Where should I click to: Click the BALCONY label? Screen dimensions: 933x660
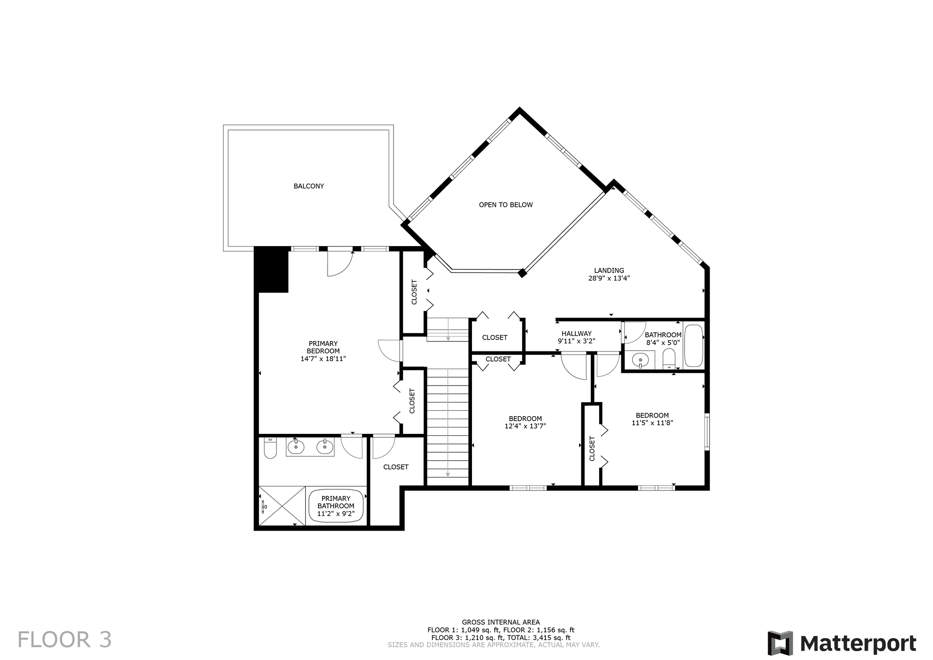pyautogui.click(x=308, y=186)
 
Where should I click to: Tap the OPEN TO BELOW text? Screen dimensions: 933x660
pyautogui.click(x=506, y=205)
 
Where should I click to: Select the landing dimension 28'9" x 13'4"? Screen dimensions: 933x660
pyautogui.click(x=609, y=278)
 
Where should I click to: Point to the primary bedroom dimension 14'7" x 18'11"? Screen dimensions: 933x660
pyautogui.click(x=323, y=359)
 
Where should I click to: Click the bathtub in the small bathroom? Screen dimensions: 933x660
pyautogui.click(x=694, y=345)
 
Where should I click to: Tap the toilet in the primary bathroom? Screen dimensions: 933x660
pyautogui.click(x=270, y=448)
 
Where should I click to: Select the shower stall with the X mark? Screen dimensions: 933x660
pyautogui.click(x=282, y=506)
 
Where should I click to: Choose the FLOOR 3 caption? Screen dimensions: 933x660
pyautogui.click(x=65, y=639)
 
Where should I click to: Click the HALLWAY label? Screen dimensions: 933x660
pyautogui.click(x=576, y=334)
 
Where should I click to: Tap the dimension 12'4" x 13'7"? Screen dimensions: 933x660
pyautogui.click(x=525, y=426)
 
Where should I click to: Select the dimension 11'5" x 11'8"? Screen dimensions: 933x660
pyautogui.click(x=652, y=423)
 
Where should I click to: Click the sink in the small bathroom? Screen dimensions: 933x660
pyautogui.click(x=641, y=360)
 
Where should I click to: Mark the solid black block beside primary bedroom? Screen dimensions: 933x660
pyautogui.click(x=271, y=269)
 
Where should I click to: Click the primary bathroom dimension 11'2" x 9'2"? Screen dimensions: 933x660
pyautogui.click(x=336, y=514)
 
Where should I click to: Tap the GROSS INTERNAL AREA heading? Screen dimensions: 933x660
pyautogui.click(x=501, y=622)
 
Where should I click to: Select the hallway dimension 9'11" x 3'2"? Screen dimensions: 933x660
pyautogui.click(x=576, y=341)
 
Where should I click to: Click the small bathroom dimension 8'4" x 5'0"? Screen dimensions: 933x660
pyautogui.click(x=663, y=342)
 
